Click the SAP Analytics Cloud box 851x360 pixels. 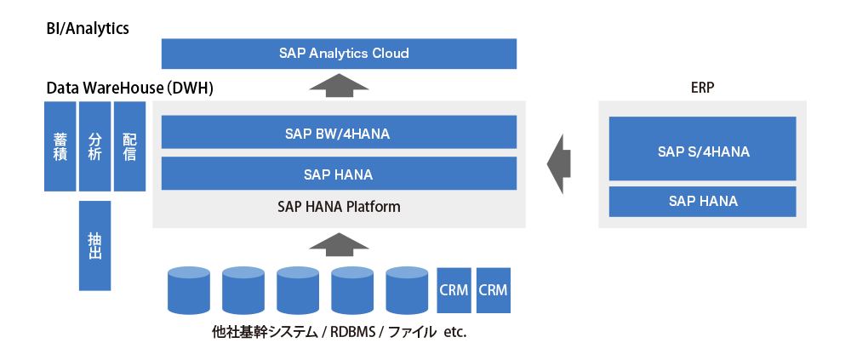coord(339,54)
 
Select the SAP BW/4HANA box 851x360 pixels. coord(339,133)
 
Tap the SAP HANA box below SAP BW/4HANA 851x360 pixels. coord(339,174)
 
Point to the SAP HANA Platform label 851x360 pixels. coord(339,207)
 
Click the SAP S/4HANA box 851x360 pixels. coord(702,151)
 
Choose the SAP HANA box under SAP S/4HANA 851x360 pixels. coord(702,202)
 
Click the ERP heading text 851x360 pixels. coord(702,88)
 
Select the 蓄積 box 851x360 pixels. coord(60,146)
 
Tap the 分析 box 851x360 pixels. coord(94,146)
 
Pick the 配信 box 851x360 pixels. coord(129,146)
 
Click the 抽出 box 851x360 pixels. coord(94,245)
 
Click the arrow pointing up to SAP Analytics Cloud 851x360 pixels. coord(339,85)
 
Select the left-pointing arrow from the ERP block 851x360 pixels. coord(558,163)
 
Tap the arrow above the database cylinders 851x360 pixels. coord(339,245)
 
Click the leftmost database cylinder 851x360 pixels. coord(189,290)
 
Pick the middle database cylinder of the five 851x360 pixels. coord(298,290)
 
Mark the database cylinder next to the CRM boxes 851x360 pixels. coord(407,290)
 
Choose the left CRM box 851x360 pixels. coord(454,290)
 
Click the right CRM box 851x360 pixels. coord(493,290)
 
